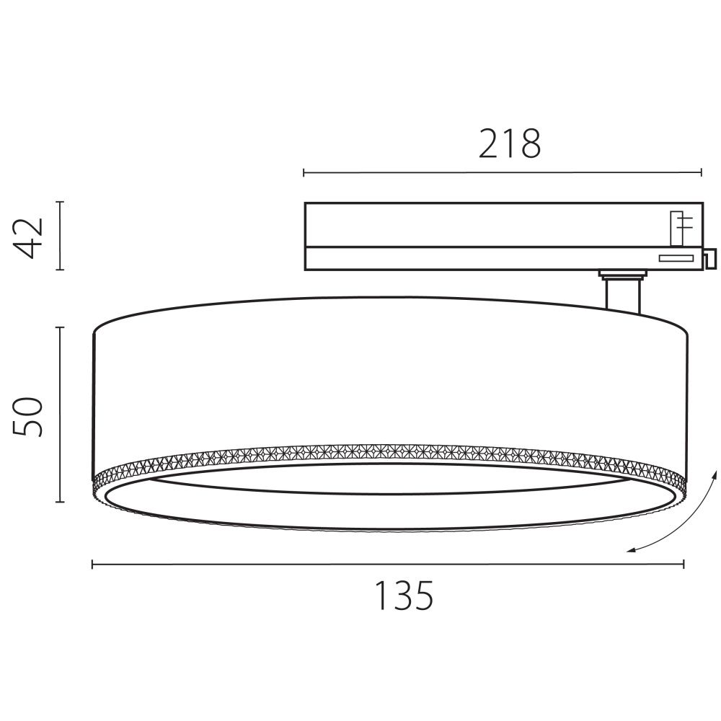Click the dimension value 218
[509, 144]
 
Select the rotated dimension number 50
[31, 415]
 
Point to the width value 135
[404, 596]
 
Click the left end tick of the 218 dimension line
[304, 172]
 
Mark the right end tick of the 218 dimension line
[702, 172]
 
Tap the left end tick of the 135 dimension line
[92, 565]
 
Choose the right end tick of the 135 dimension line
[684, 565]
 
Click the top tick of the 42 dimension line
[61, 202]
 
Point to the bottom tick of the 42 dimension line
[61, 270]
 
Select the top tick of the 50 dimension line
[61, 327]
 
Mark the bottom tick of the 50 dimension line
[61, 502]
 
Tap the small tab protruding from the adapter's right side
[709, 256]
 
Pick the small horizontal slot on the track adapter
[676, 257]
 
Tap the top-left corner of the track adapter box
[305, 203]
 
